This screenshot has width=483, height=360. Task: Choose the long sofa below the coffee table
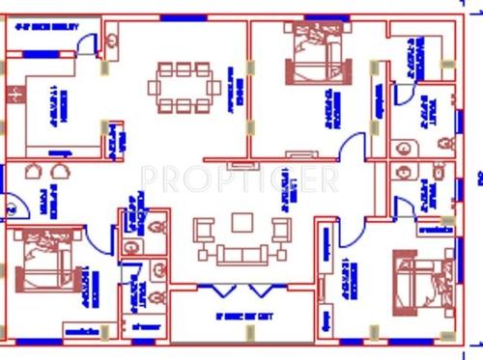[x=241, y=255]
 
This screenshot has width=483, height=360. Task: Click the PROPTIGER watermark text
[x=240, y=179]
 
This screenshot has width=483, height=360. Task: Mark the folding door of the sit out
[x=241, y=291]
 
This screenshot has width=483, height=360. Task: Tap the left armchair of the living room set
[x=204, y=232]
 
